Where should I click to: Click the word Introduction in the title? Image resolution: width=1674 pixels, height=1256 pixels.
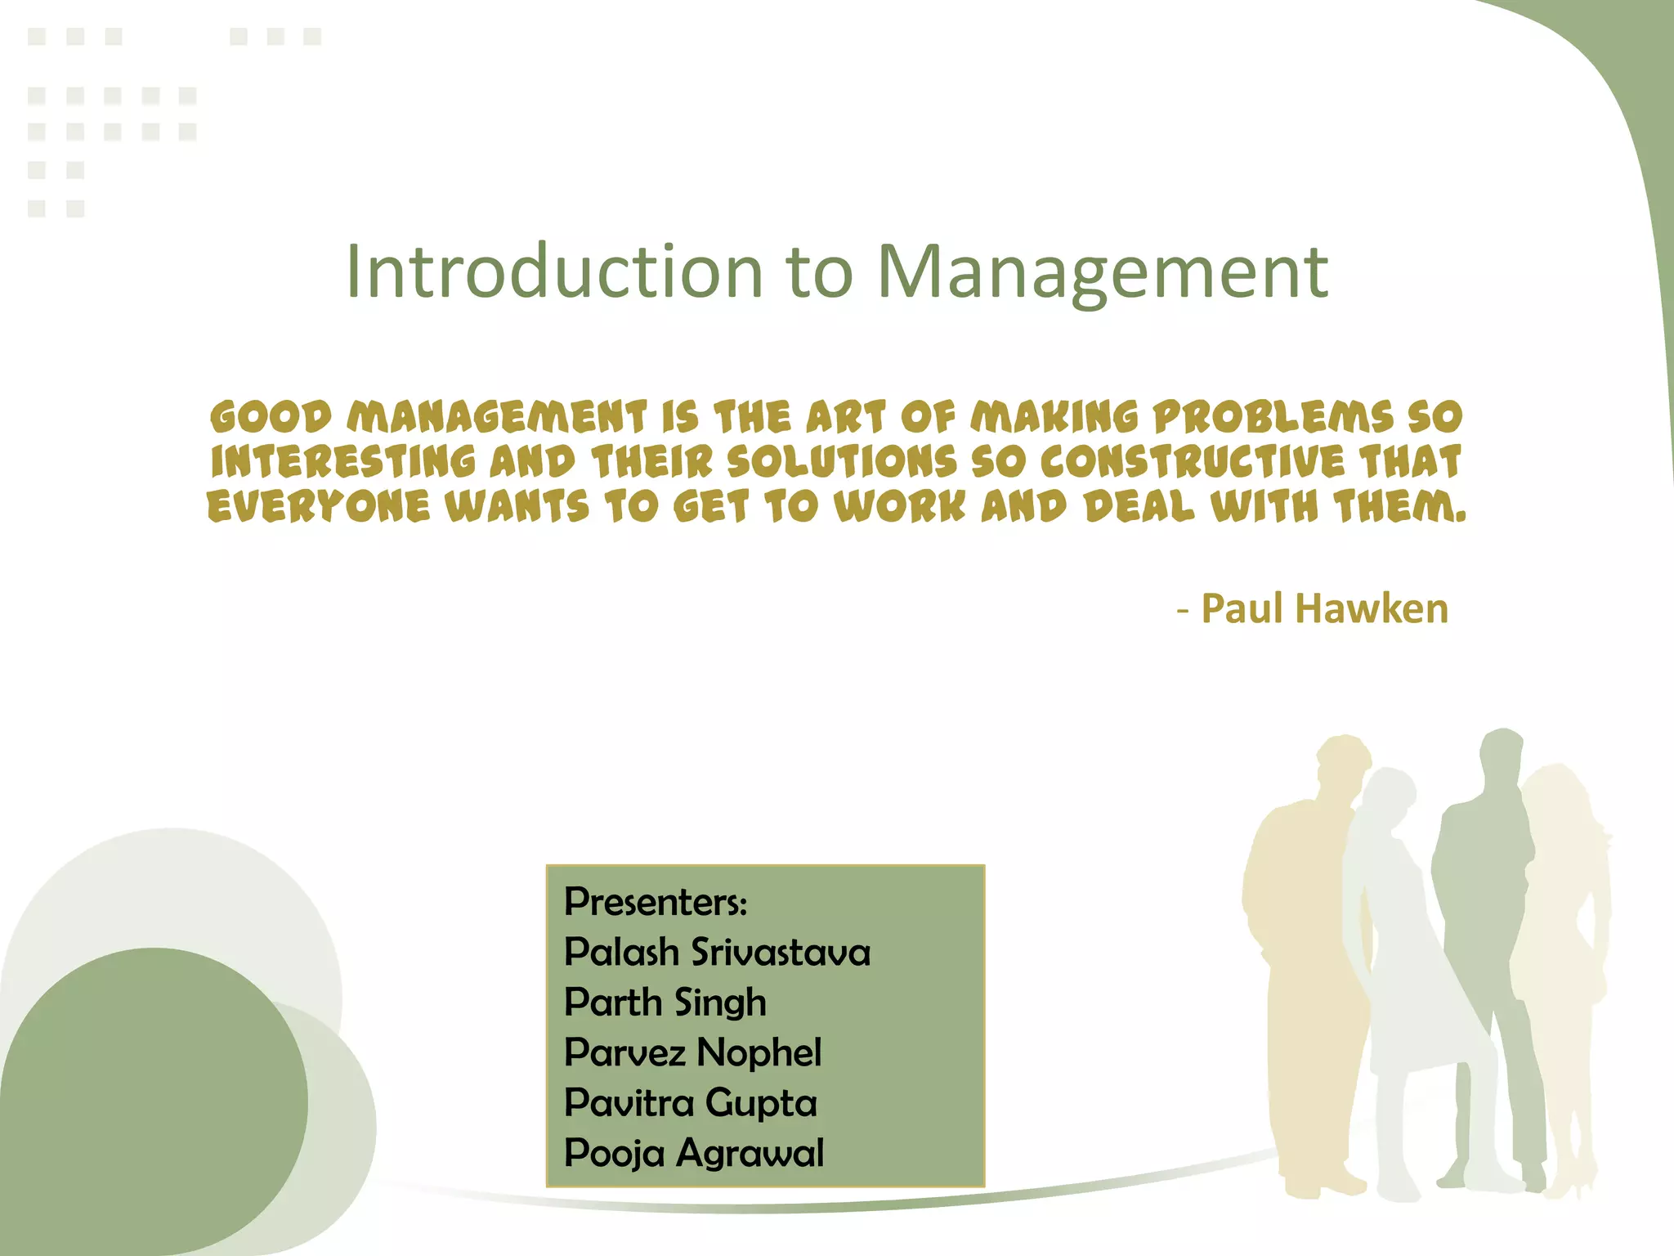[x=553, y=271]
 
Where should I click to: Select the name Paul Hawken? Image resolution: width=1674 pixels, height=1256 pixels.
[x=1324, y=609]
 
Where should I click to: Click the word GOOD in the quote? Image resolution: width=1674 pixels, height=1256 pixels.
[x=271, y=417]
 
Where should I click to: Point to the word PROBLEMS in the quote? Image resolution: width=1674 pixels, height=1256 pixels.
[x=1273, y=417]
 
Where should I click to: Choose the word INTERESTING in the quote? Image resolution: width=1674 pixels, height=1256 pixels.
[x=343, y=462]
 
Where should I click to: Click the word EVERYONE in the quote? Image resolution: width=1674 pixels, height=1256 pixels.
[x=319, y=507]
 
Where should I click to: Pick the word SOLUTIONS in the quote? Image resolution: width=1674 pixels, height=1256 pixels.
[x=842, y=462]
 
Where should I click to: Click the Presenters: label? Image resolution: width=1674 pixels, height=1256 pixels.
[x=656, y=902]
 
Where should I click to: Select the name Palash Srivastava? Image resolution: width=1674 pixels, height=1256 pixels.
[x=717, y=953]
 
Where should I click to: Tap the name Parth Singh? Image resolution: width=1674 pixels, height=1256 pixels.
[x=665, y=1003]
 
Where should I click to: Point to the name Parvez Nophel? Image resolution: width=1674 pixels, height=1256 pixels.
[x=692, y=1052]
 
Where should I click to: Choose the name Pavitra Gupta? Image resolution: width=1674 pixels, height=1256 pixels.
[x=691, y=1103]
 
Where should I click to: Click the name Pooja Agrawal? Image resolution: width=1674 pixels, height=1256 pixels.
[x=694, y=1153]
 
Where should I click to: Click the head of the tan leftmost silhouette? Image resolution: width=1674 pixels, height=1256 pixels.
[x=1341, y=765]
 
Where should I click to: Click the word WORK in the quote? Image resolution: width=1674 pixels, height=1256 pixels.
[x=899, y=507]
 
